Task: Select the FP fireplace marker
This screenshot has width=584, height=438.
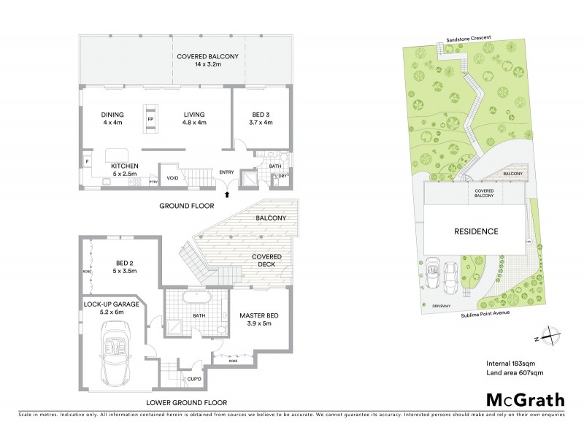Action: point(150,119)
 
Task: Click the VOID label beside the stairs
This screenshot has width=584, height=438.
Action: point(173,177)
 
